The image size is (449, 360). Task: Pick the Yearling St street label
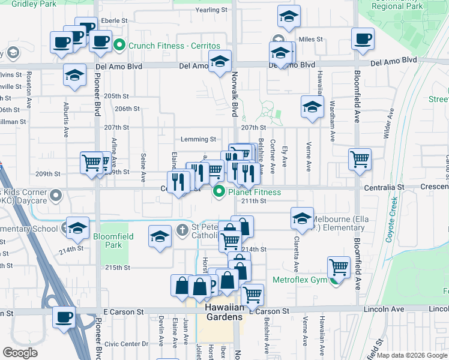pos(212,10)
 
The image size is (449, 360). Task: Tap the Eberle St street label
pos(115,20)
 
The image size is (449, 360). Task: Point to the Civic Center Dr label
pos(125,344)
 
